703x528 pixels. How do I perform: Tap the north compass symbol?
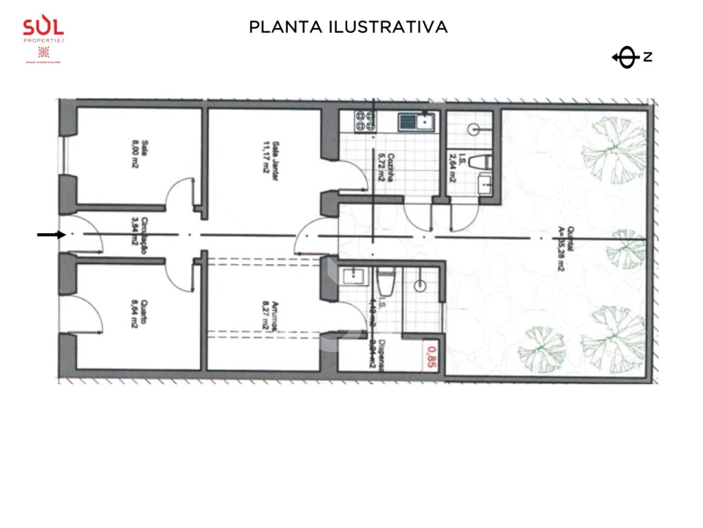coord(626,57)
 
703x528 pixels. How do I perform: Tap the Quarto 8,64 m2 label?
coord(136,319)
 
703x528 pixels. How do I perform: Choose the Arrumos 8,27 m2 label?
coord(272,319)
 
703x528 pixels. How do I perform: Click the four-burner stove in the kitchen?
coord(365,120)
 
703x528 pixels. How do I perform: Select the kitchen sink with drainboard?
coord(417,121)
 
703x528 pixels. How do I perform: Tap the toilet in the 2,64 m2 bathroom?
coord(480,161)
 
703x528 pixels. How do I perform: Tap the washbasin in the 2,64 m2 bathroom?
coord(485,184)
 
